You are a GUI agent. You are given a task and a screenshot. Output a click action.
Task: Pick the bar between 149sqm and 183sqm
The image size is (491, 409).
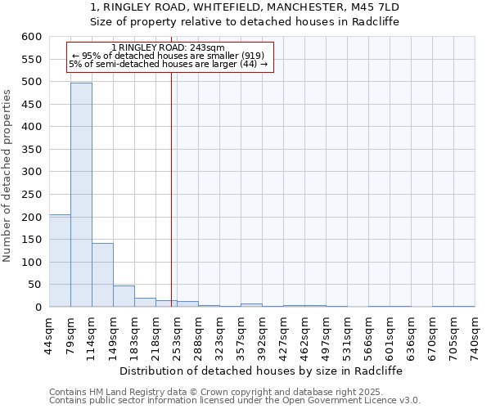pos(124,296)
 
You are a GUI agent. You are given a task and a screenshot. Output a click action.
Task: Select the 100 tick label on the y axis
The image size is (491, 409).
pos(30,263)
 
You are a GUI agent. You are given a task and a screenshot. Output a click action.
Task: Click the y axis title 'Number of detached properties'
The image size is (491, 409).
pos(8,176)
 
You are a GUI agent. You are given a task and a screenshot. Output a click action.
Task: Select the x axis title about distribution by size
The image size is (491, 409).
pos(261,371)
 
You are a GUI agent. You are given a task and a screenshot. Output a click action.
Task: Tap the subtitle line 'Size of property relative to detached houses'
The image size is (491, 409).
pos(245,21)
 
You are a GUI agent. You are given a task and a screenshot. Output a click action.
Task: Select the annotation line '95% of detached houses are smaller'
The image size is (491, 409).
pos(168,56)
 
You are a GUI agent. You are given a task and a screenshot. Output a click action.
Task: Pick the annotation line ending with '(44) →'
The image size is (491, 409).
pos(168,64)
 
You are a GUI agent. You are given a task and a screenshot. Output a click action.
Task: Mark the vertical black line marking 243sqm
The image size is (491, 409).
pos(171,188)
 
